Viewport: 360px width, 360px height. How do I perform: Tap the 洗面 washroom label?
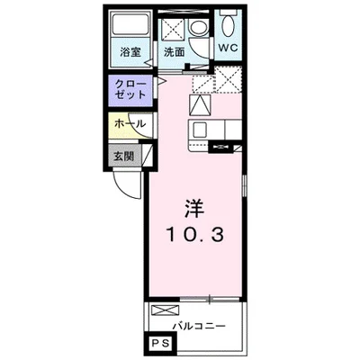(174, 52)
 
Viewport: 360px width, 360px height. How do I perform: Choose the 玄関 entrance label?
(123, 154)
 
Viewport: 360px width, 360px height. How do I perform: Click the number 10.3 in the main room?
(200, 235)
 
